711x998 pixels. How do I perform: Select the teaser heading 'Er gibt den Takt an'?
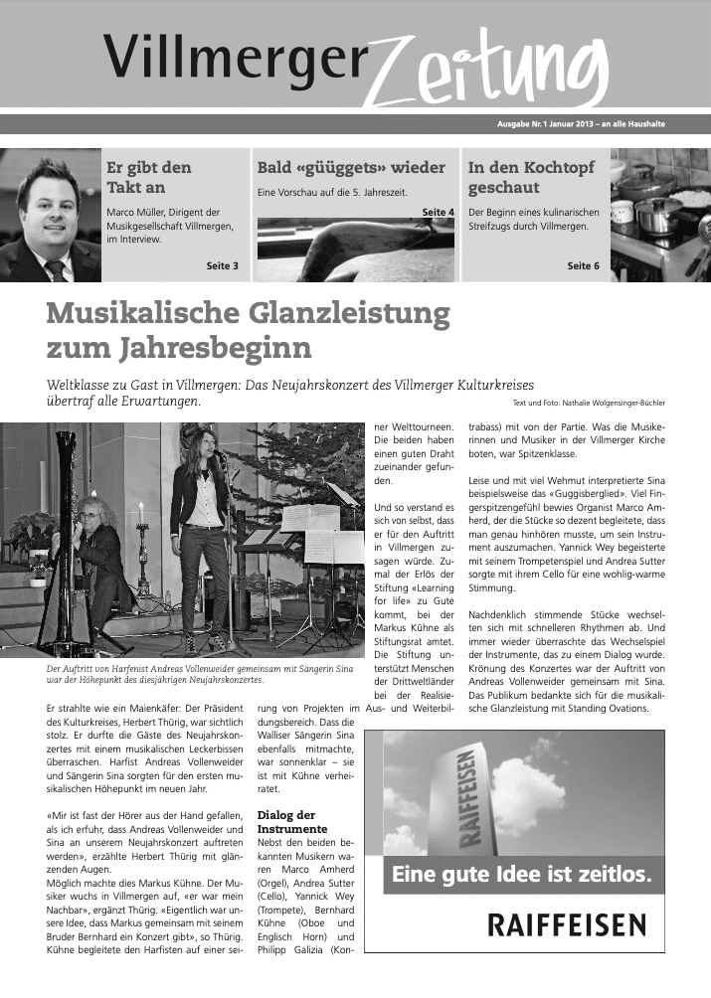coord(149,177)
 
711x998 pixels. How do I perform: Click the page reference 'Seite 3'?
coord(222,266)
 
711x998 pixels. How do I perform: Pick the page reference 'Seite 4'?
coord(438,213)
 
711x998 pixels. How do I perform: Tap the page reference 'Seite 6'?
coord(583,266)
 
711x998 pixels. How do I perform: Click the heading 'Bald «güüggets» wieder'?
coord(351,167)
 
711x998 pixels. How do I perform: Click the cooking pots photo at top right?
coord(659,215)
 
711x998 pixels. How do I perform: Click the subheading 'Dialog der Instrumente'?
coord(291,821)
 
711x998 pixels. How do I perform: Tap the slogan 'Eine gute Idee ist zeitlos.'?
coord(522,876)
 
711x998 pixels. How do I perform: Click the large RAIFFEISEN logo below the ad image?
coord(566,926)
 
